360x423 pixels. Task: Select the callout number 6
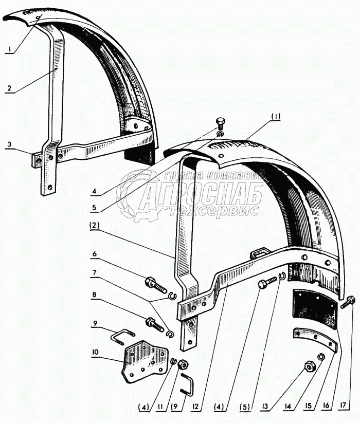pos(95,254)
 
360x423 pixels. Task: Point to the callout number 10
pos(95,352)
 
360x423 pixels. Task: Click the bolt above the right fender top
pos(220,124)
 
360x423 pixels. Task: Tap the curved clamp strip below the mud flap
pos(315,340)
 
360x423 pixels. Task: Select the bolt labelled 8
pos(154,324)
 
